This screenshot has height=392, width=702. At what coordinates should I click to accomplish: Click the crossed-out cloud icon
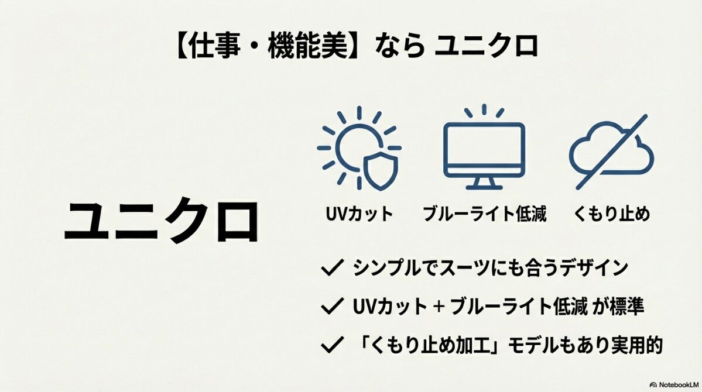point(611,150)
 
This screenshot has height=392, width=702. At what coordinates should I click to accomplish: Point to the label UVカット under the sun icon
point(359,214)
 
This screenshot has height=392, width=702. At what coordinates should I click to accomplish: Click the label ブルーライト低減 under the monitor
point(484,214)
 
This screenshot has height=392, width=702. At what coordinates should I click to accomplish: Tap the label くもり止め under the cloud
point(611,214)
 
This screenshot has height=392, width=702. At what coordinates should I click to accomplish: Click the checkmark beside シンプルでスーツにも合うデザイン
point(332,269)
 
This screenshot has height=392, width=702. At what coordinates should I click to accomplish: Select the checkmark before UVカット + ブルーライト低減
point(332,306)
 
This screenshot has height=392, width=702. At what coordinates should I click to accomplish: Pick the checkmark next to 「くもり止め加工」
point(332,345)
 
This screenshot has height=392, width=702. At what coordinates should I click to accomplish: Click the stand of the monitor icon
point(484,183)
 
